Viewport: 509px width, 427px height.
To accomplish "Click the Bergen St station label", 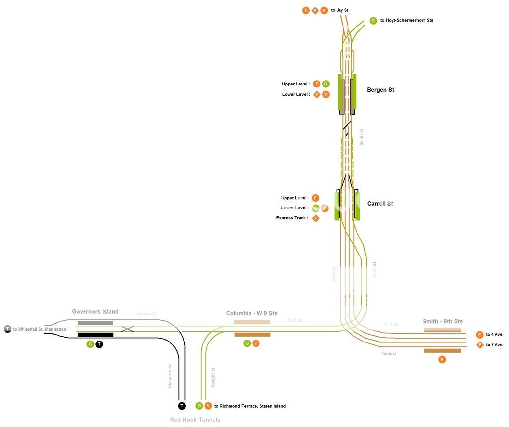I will (x=380, y=90).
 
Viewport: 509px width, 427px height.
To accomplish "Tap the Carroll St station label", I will (x=380, y=204).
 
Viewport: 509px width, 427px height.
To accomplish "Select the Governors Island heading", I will (x=95, y=312).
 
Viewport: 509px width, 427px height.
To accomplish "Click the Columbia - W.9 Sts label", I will (x=252, y=313).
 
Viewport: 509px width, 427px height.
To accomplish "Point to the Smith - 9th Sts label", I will (x=442, y=321).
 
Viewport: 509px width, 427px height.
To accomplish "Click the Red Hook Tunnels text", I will (x=195, y=420).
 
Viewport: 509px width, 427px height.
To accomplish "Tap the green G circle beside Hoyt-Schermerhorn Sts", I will (x=373, y=21).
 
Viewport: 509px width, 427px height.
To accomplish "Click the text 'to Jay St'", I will (x=339, y=10).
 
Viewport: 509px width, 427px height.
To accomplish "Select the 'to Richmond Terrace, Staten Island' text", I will (x=250, y=406).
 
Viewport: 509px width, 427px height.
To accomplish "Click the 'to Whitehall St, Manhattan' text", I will (x=39, y=329).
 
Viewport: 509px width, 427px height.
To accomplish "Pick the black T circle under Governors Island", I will (x=99, y=344).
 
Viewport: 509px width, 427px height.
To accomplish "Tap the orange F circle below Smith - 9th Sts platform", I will (x=442, y=359).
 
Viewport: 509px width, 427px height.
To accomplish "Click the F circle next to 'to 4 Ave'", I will (x=480, y=335).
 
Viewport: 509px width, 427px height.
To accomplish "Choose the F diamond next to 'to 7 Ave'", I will (x=480, y=345).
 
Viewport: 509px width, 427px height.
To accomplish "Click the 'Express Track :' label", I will (x=292, y=218).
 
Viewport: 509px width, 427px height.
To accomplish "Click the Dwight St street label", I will (x=213, y=377).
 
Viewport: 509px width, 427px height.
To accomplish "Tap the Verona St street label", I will (x=146, y=314).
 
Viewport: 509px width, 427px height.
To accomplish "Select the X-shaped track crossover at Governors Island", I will (x=128, y=329).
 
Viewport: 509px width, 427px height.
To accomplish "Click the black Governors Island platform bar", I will (x=95, y=335).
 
